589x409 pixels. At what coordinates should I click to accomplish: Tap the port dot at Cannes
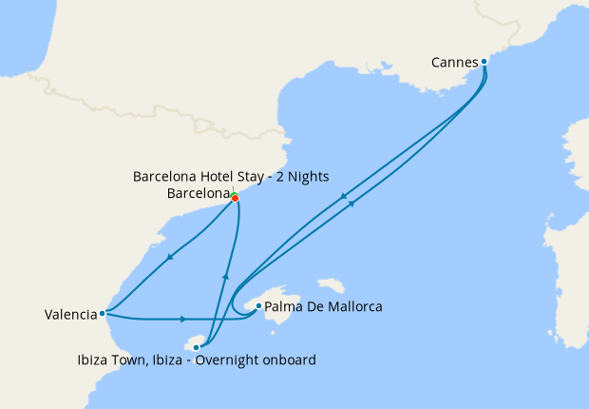point(484,62)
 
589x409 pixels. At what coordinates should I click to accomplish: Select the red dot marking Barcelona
point(235,198)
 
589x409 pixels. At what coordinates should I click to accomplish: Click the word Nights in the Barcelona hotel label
point(306,176)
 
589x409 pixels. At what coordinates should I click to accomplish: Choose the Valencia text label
point(69,314)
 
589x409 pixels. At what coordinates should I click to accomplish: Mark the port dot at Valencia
point(102,312)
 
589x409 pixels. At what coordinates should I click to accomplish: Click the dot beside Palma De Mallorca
point(258,305)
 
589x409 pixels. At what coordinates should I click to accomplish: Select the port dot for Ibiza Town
point(197,347)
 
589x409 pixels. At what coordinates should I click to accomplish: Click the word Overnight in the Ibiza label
point(228,360)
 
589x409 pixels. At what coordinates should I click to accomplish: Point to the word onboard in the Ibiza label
point(289,360)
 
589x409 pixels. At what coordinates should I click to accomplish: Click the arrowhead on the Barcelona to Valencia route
point(169,257)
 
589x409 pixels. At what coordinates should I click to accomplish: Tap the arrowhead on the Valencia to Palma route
point(182,319)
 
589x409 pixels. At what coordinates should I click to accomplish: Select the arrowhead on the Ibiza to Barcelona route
point(225,276)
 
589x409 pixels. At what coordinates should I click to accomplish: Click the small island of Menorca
point(331,284)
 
